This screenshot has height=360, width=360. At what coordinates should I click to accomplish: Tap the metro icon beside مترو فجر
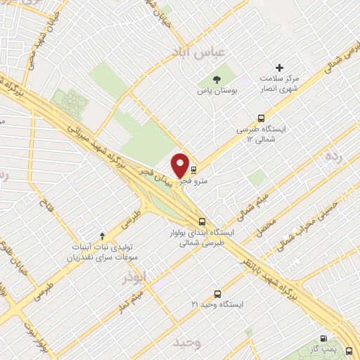click(x=193, y=169)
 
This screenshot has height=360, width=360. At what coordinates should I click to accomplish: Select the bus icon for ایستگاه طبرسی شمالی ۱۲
click(x=262, y=118)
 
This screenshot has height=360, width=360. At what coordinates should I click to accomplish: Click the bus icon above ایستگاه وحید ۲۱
click(x=217, y=293)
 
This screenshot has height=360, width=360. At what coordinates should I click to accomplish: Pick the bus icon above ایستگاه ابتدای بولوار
click(x=202, y=220)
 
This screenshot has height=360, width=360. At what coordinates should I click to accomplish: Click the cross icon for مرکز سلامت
click(x=280, y=68)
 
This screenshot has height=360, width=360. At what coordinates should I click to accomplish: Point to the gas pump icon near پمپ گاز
click(x=324, y=337)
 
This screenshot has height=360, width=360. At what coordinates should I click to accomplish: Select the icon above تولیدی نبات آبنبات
click(x=103, y=235)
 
